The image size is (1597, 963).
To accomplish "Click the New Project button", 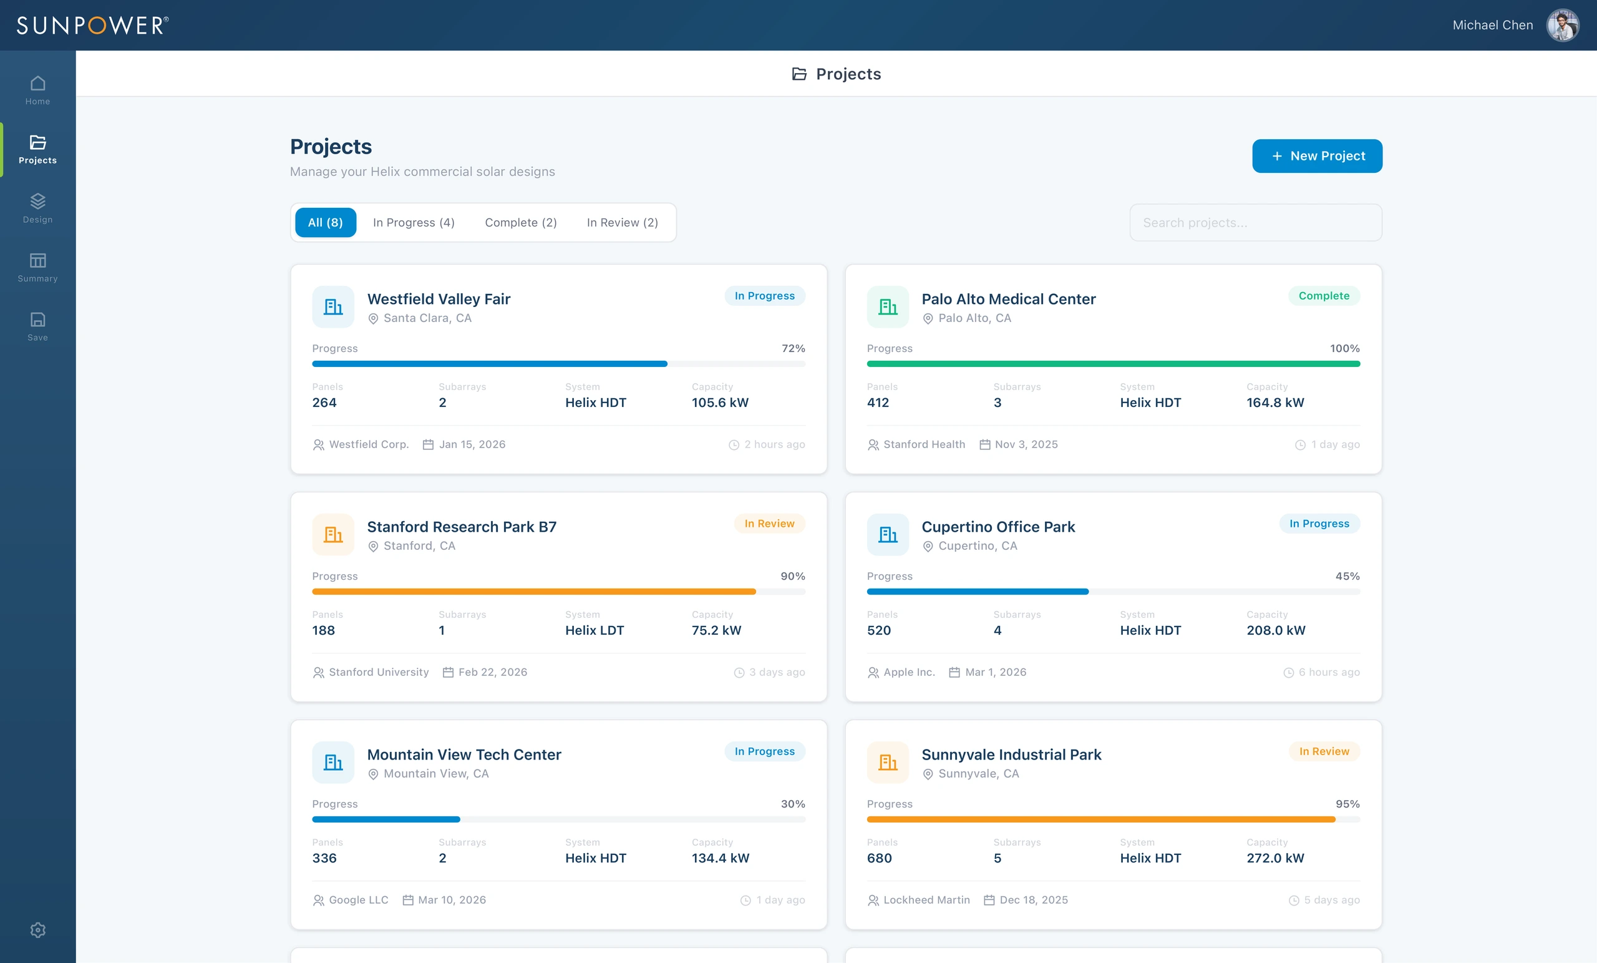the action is [1316, 155].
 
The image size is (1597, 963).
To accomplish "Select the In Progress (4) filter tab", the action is [414, 222].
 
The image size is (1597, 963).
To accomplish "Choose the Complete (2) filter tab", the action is [520, 222].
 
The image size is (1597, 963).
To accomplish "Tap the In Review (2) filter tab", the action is [622, 222].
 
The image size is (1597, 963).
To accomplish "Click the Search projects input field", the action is [1255, 222].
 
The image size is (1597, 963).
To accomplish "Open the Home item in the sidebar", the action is [37, 90].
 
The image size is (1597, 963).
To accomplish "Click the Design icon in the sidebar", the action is [37, 200].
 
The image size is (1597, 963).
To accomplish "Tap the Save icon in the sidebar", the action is [37, 319].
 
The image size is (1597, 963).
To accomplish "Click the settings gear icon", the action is [37, 929].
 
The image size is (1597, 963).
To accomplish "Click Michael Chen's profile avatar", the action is [1563, 26].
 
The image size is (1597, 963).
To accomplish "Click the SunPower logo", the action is [93, 26].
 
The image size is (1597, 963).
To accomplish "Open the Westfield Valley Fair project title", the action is [439, 299].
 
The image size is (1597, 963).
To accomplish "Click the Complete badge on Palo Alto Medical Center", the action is [1324, 296].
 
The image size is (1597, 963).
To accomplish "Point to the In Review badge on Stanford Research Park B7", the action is [769, 524].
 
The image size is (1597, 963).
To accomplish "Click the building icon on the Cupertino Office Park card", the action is [888, 534].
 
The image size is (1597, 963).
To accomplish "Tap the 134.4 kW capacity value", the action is [720, 858].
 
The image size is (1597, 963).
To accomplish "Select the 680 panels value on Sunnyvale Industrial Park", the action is [879, 858].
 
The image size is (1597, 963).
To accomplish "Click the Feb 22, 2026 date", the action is [493, 672].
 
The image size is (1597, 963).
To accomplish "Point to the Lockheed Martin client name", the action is [926, 899].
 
